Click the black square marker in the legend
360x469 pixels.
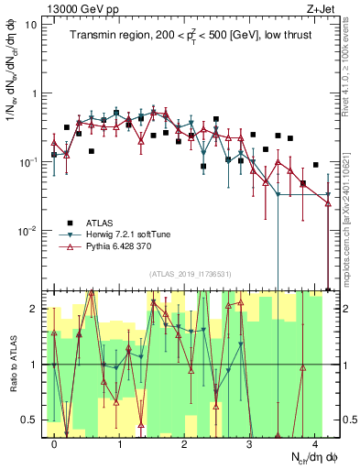click(70, 222)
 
